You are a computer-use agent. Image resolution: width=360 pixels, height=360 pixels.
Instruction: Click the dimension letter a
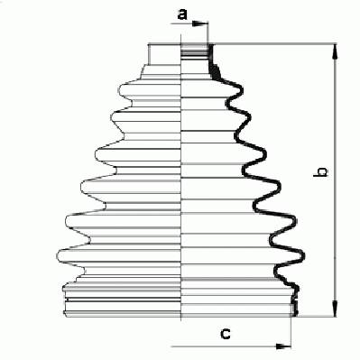coord(182,14)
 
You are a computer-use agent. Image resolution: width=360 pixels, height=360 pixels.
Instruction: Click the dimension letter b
coord(321,171)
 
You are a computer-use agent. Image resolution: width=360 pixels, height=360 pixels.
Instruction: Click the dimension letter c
coord(226,334)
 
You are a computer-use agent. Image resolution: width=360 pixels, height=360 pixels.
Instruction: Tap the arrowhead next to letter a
coord(199,23)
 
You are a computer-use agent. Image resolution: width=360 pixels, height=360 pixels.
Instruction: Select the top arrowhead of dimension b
coord(335,52)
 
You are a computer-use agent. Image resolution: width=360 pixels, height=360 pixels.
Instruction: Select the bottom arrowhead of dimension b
coord(335,308)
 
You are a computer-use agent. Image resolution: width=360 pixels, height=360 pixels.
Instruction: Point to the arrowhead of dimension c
coord(283,346)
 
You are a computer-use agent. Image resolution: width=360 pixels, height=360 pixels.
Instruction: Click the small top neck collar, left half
coord(164,54)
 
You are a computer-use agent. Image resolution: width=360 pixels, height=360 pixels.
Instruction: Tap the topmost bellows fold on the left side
coord(150,89)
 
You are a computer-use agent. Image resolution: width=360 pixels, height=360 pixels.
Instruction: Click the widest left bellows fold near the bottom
coord(119,255)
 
